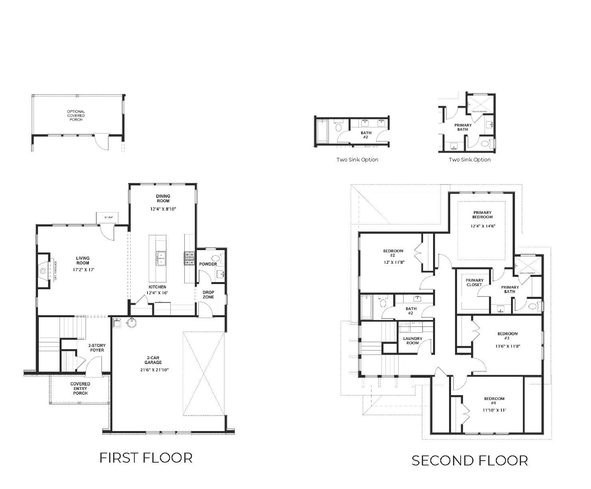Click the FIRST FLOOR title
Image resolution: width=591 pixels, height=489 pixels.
click(146, 458)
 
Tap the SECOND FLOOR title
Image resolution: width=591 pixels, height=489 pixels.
click(469, 461)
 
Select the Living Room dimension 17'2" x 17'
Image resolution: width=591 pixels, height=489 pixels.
click(83, 270)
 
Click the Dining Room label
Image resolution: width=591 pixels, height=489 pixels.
click(163, 198)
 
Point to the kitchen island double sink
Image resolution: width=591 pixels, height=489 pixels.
click(161, 258)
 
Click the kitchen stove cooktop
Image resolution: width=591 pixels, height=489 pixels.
click(189, 258)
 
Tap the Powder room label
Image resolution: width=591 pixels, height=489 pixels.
click(208, 264)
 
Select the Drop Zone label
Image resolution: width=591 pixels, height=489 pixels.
click(208, 294)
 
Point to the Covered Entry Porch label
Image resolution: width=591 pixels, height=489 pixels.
click(80, 388)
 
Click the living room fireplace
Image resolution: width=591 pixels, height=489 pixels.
click(44, 270)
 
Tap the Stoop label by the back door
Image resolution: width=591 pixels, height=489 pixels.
click(108, 217)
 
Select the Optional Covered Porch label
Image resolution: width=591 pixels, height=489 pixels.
click(76, 115)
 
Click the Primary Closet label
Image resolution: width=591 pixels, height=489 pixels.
click(475, 282)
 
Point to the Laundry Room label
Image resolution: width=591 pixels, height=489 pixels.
click(413, 341)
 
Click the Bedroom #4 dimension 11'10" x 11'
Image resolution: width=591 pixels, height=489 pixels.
click(494, 410)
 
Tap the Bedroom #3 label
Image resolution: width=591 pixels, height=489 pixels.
click(507, 336)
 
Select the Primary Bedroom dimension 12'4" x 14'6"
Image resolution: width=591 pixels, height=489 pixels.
click(483, 226)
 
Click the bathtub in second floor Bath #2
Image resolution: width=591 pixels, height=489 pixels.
click(367, 307)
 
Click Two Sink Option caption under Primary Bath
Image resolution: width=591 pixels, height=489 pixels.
click(469, 160)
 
